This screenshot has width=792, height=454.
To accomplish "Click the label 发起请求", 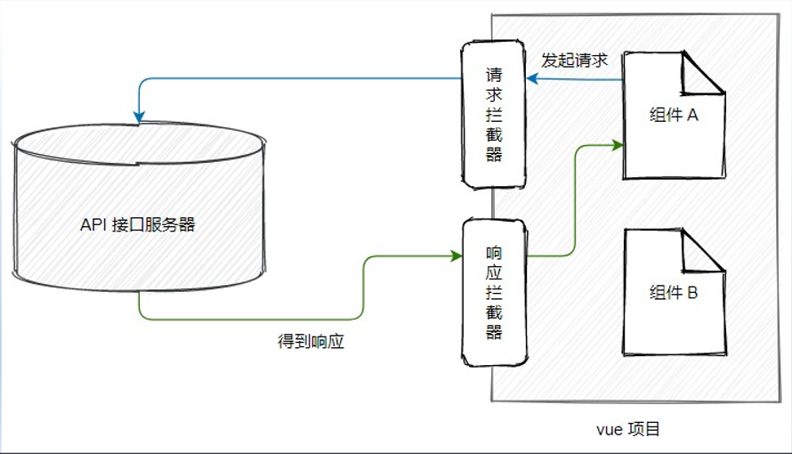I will tap(575, 61).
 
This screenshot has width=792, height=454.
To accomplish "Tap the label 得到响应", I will tap(311, 341).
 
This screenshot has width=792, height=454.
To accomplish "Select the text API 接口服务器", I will tap(138, 224).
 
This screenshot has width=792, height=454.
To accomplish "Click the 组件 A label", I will tap(674, 115).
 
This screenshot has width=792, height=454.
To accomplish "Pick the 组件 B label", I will tap(674, 292).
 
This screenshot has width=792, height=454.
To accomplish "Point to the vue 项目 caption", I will tap(627, 430).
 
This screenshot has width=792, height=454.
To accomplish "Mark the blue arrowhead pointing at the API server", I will tap(138, 117).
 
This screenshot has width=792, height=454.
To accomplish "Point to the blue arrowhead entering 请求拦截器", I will tap(532, 78).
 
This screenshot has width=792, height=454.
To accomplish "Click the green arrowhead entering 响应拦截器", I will tap(457, 255).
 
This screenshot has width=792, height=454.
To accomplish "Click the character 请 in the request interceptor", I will tap(494, 75).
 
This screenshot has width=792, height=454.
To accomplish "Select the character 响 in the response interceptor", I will tap(494, 252).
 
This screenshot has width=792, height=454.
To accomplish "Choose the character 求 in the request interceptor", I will tap(494, 95).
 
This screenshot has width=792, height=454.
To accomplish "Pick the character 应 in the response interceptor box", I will tap(494, 272).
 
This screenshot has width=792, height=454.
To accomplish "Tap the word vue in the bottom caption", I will tap(608, 430).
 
